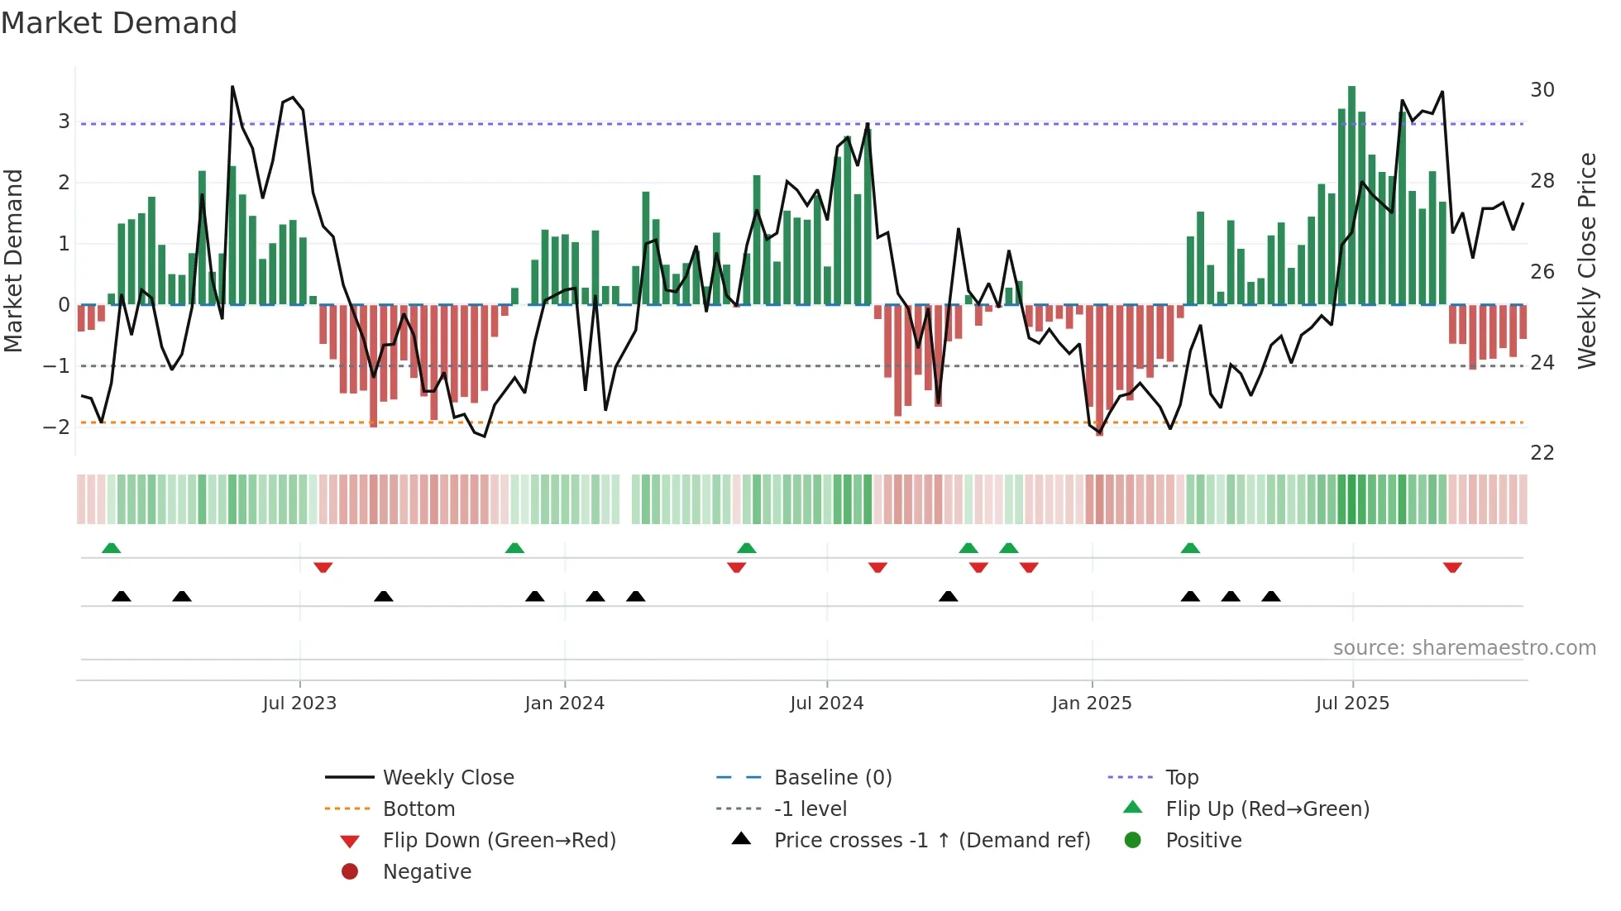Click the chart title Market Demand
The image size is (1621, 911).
119,23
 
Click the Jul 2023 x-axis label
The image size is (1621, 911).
299,704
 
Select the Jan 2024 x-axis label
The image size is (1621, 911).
564,704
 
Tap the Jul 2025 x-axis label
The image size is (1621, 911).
1352,704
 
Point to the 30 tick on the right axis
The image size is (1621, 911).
1542,90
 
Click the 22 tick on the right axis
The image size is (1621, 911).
1542,453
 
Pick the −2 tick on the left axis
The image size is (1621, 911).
56,427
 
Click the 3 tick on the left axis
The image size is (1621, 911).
64,122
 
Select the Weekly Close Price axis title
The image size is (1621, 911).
1586,260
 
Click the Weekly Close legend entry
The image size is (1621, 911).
447,778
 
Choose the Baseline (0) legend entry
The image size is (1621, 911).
832,778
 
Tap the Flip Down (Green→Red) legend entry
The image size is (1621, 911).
499,841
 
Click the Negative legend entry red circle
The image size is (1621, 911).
350,872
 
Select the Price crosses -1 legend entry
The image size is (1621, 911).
931,841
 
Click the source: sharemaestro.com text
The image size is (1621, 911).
1464,648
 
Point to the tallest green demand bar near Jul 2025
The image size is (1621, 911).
1351,194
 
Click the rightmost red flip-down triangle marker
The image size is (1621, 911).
1452,567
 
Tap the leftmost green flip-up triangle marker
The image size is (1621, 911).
111,548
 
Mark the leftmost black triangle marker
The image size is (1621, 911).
122,596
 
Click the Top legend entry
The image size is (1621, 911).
1181,778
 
